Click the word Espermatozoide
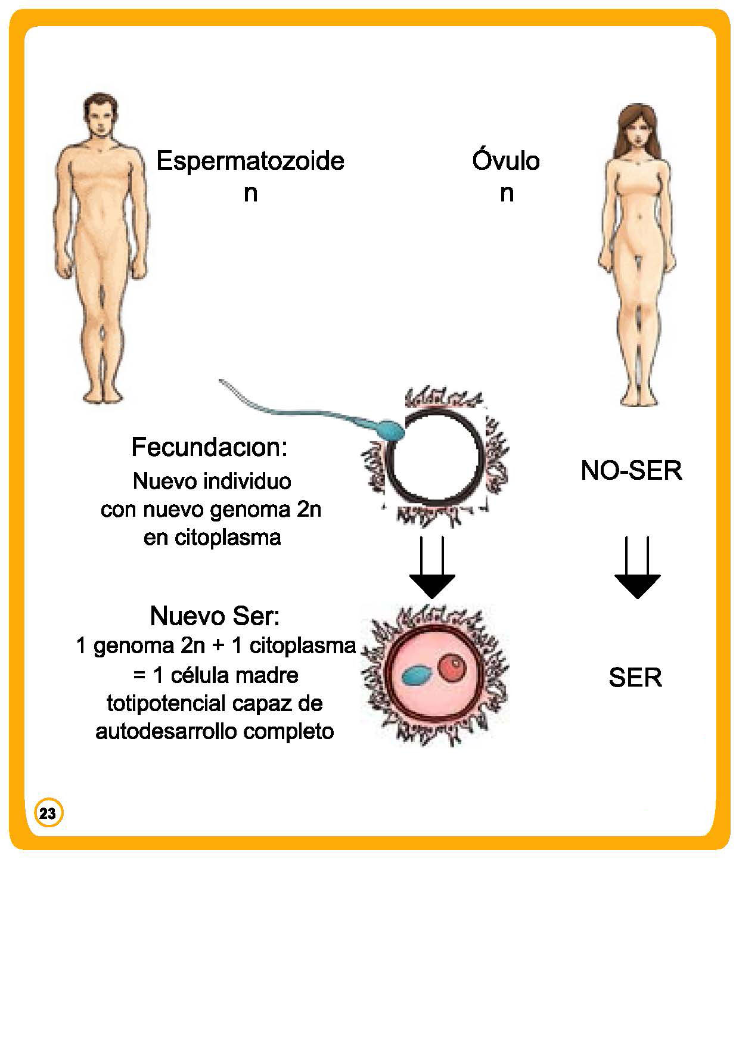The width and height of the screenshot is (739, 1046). click(x=250, y=162)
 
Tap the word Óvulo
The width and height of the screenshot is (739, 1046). click(x=506, y=161)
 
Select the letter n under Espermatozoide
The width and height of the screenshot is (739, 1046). click(x=250, y=194)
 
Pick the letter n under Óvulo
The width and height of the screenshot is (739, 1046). click(x=507, y=194)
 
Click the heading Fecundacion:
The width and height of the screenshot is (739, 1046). click(x=209, y=447)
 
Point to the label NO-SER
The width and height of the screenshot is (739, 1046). click(x=631, y=471)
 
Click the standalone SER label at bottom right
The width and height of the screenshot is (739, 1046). click(x=635, y=678)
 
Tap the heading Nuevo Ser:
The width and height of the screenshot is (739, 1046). click(x=215, y=616)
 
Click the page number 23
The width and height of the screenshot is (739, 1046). click(x=48, y=813)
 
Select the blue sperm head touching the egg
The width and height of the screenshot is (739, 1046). click(x=390, y=430)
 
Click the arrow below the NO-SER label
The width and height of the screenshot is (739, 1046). click(x=637, y=569)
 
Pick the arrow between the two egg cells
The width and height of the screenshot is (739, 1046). click(x=432, y=569)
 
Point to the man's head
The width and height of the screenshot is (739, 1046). click(x=99, y=116)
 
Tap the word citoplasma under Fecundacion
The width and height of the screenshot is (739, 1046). click(x=228, y=538)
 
